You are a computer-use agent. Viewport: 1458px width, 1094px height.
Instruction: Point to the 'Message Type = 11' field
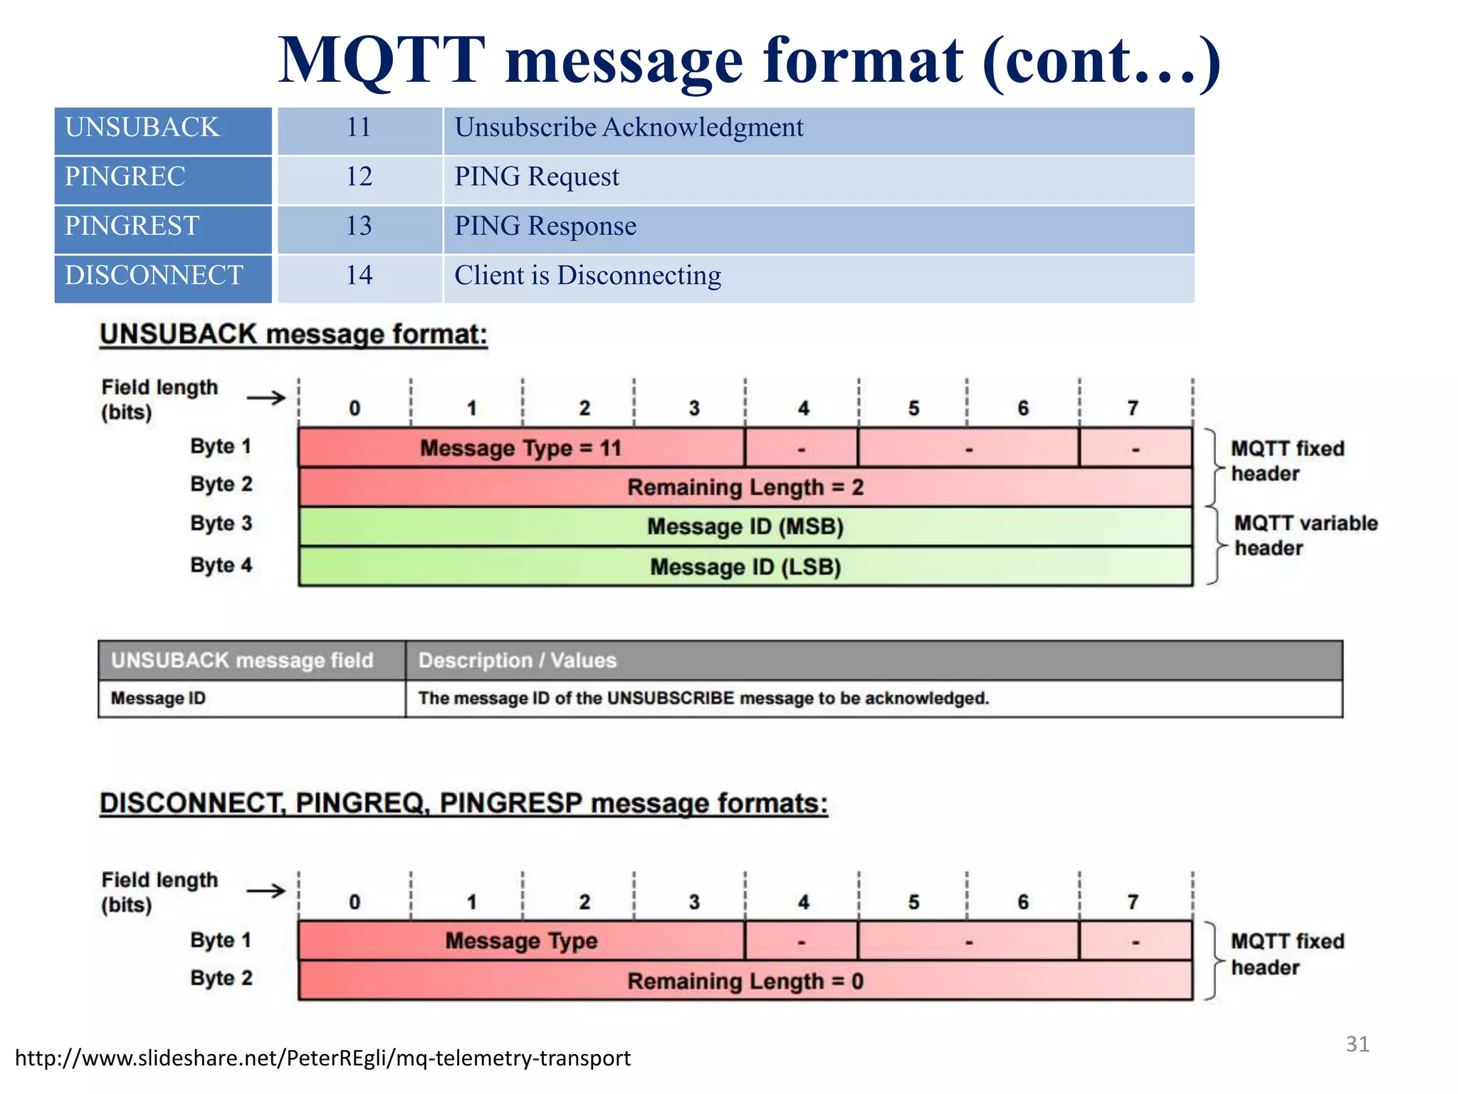520,448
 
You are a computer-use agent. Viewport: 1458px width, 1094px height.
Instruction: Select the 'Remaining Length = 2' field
745,487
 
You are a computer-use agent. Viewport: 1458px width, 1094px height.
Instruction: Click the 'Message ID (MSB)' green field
745,526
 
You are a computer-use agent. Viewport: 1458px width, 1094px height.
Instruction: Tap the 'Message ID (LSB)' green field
745,567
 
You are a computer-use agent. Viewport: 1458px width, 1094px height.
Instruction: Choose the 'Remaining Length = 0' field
745,981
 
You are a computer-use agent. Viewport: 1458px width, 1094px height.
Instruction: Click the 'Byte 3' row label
221,523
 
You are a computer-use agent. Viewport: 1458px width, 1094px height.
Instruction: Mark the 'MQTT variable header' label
1305,536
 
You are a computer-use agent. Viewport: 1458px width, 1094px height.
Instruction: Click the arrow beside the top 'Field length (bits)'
266,397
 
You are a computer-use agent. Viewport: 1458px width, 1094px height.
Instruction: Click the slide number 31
1357,1044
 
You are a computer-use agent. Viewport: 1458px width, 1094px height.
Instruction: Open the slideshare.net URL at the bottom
322,1058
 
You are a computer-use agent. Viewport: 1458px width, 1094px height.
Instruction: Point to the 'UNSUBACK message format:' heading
293,334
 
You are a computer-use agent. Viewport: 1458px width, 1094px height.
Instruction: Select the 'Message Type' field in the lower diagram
520,941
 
